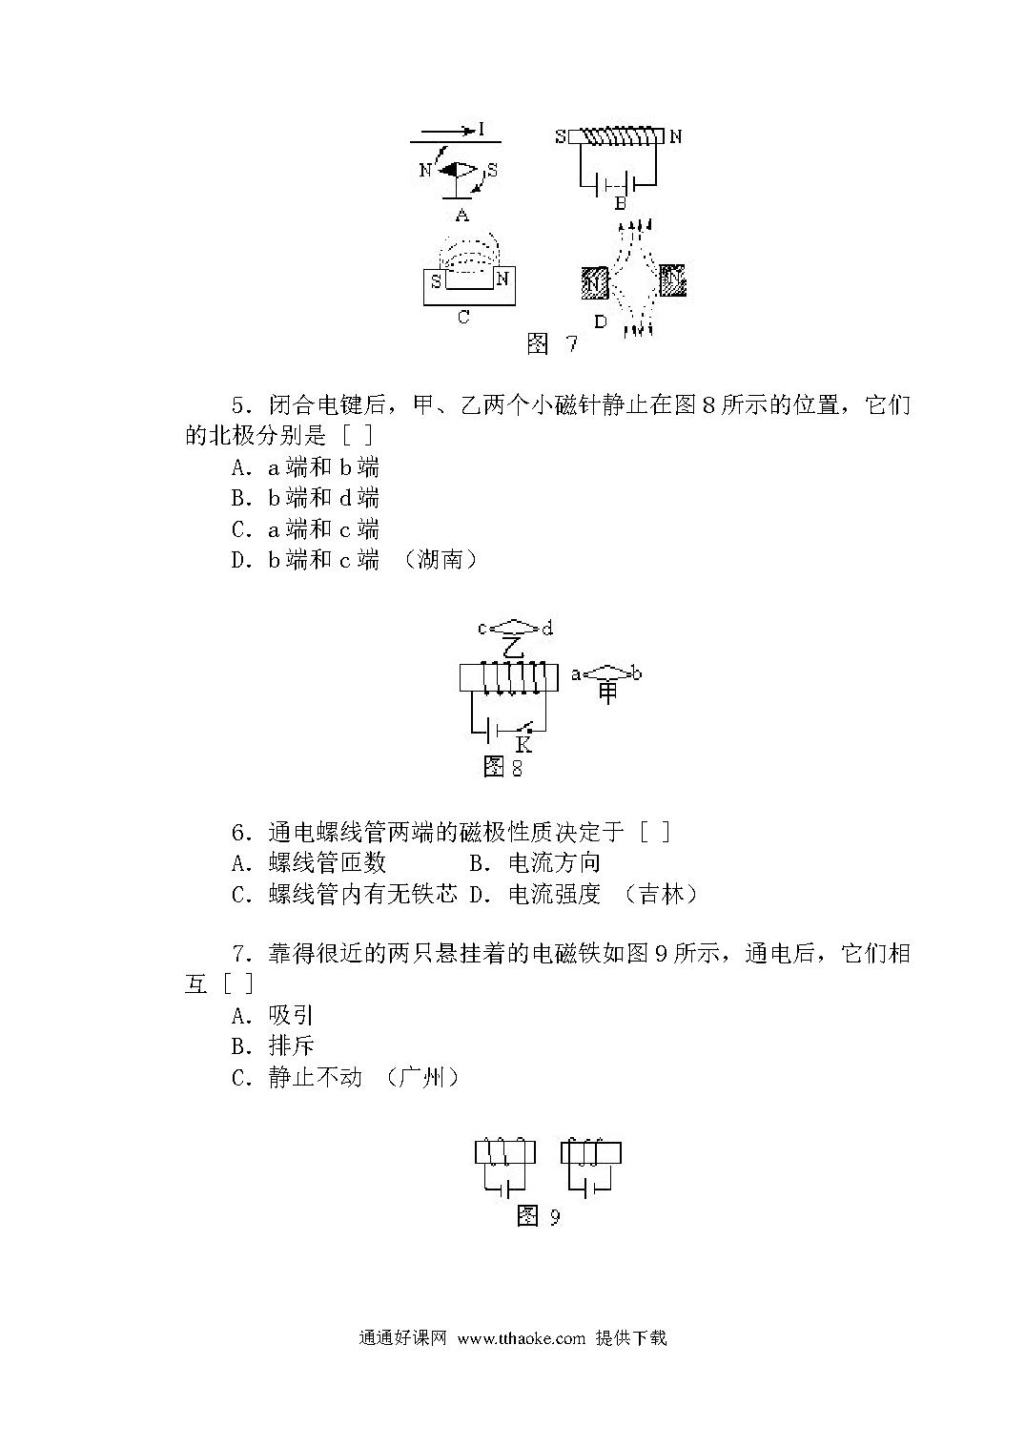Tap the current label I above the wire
(482, 130)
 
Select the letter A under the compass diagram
(461, 215)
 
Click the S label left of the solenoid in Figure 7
(561, 136)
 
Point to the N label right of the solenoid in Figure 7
(675, 136)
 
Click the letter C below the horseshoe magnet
(463, 317)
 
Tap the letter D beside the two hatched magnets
(601, 321)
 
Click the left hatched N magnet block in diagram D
(595, 282)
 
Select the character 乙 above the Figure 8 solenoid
(513, 647)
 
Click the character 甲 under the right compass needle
(607, 693)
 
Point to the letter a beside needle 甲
(576, 674)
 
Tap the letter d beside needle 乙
(547, 628)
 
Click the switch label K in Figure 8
(523, 745)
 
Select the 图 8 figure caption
(502, 767)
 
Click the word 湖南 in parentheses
(440, 559)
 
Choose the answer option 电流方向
(555, 863)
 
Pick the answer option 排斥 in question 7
(292, 1045)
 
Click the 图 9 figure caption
(539, 1216)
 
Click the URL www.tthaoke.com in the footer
(521, 1338)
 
